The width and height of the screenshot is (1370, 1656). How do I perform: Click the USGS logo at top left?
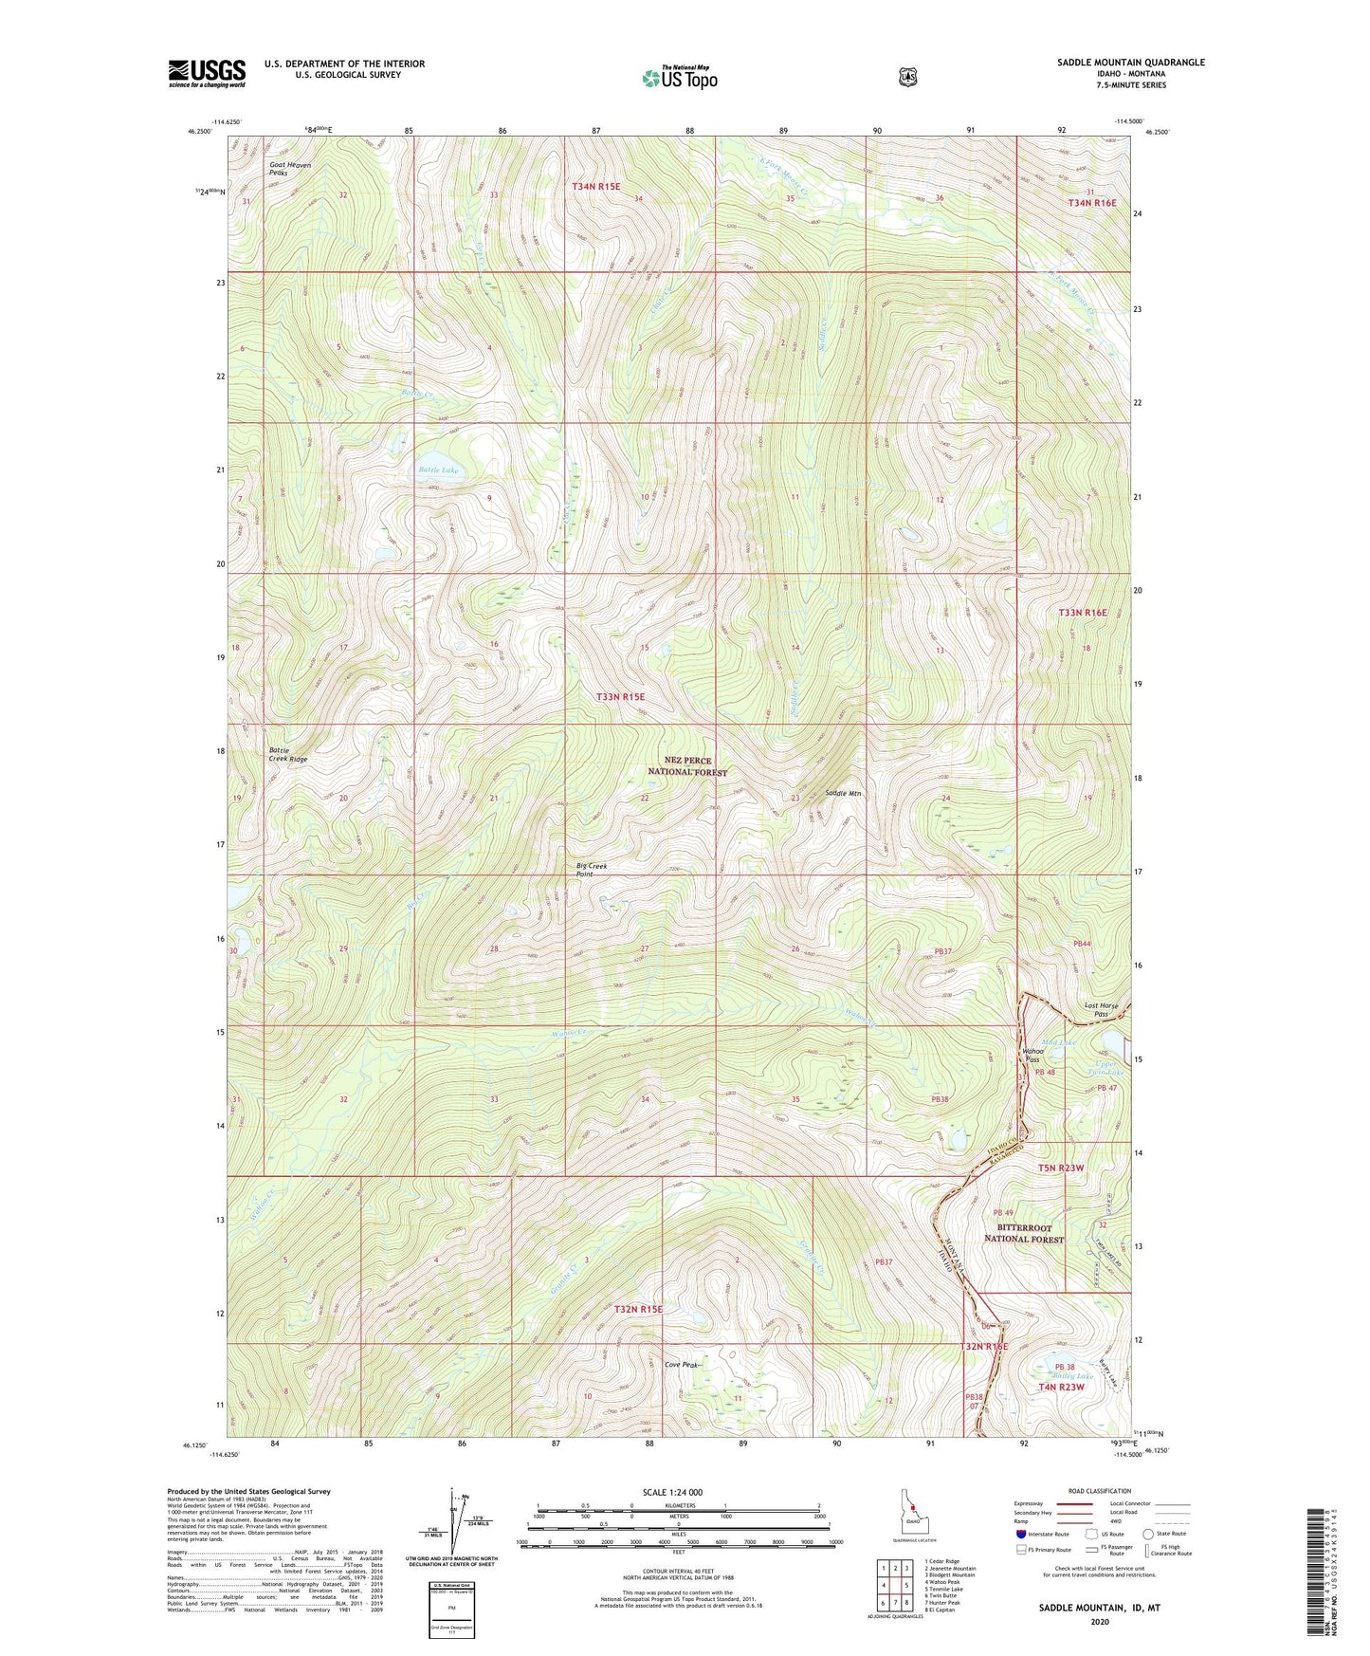(x=207, y=72)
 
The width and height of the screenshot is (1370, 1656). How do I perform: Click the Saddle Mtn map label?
(x=843, y=793)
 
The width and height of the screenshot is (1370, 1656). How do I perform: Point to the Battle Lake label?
(x=438, y=469)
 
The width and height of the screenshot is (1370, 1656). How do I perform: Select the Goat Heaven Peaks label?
(x=289, y=169)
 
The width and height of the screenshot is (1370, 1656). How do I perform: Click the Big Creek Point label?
(x=591, y=870)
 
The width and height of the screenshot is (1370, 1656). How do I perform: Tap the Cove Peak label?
(x=681, y=1365)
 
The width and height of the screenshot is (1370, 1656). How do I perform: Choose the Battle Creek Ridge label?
(x=287, y=755)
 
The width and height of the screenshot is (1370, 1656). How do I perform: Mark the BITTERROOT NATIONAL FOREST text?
(x=1023, y=1233)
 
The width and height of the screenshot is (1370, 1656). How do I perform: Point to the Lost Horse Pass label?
(x=1101, y=1010)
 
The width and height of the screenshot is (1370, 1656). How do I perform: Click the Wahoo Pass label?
(x=1032, y=1055)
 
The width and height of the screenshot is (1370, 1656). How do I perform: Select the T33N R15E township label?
(x=620, y=696)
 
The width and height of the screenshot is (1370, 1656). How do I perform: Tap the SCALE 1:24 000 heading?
(x=672, y=1492)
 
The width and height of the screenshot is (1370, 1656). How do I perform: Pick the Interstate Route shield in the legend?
(x=1020, y=1533)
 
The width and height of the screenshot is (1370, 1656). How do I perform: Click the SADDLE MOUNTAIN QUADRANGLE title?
(x=1130, y=63)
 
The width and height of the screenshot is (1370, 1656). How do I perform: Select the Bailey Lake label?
(x=1073, y=1375)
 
